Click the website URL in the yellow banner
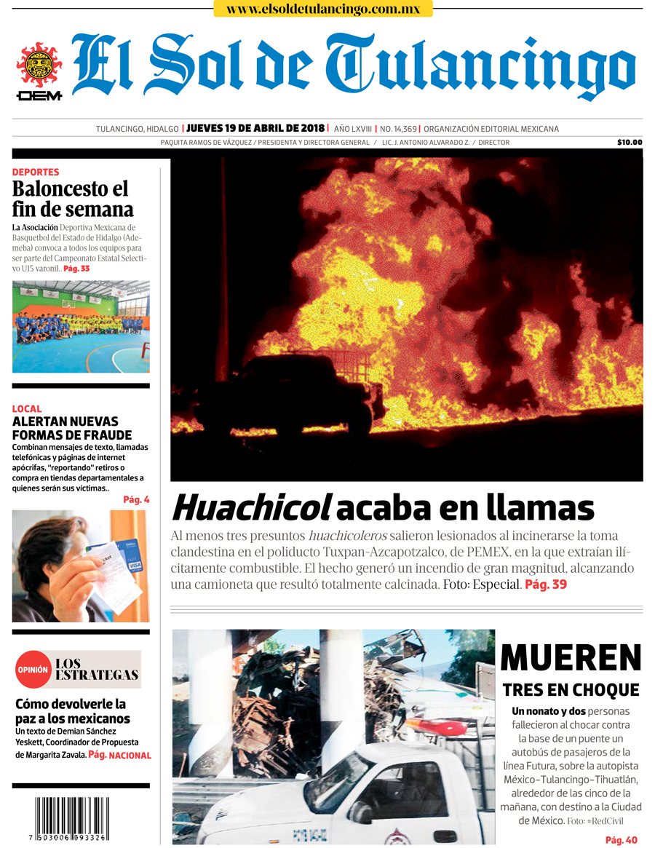coord(323,9)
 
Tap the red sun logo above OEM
coord(39,65)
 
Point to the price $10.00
coord(629,143)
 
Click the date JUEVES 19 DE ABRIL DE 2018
coord(255,129)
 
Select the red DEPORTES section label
coord(36,173)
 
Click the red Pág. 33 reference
coord(76,269)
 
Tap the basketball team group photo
coord(81,327)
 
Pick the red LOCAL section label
coord(27,408)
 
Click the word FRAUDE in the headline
coord(102,435)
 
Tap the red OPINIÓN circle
coord(33,670)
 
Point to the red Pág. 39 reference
coord(546,585)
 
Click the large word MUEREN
coord(571,658)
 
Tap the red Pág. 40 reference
coord(622,840)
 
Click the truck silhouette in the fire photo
coord(291,393)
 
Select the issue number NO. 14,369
coord(398,129)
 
